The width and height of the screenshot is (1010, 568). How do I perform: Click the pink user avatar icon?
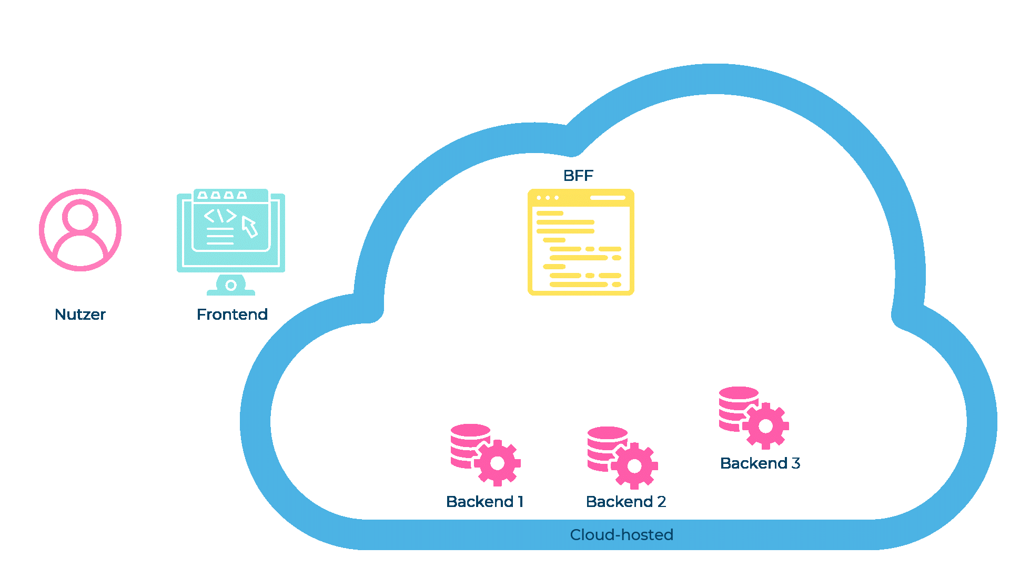[x=80, y=230]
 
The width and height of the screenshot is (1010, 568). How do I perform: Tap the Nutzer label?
[x=80, y=315]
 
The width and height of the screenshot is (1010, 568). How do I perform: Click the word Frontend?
[x=232, y=315]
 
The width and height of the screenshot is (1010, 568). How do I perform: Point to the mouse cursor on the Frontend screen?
[x=249, y=226]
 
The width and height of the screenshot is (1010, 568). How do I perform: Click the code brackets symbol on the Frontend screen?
[x=220, y=216]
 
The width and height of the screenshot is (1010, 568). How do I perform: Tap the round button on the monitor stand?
[x=231, y=286]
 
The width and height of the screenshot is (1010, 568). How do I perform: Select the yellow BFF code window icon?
[x=581, y=242]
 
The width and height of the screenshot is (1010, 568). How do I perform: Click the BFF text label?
[x=578, y=176]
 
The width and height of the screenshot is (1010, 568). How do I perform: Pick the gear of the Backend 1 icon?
[x=497, y=463]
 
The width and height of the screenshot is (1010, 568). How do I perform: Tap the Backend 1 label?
[x=484, y=502]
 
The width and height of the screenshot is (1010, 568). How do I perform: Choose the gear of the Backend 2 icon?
[x=634, y=466]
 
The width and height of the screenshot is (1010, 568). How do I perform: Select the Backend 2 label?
[x=626, y=502]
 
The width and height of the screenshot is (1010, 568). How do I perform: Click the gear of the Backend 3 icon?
[x=766, y=426]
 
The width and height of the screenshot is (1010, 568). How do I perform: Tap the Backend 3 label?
[x=760, y=463]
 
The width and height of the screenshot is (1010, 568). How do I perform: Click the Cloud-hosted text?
[x=621, y=535]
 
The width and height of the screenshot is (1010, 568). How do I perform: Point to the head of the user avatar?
[x=80, y=216]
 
